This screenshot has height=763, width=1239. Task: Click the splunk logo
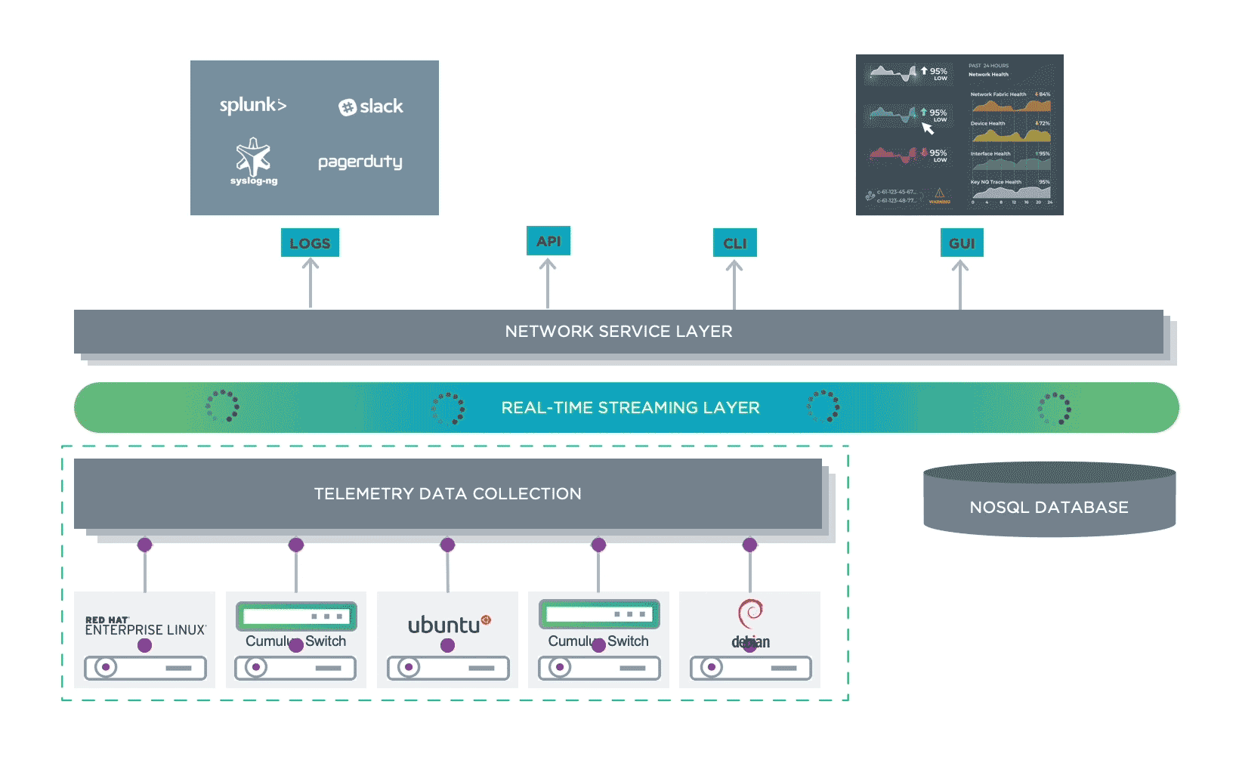pyautogui.click(x=252, y=106)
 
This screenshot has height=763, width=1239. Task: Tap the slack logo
pyautogui.click(x=371, y=107)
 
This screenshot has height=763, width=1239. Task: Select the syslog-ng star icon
pyautogui.click(x=253, y=157)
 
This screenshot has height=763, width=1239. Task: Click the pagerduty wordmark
pyautogui.click(x=360, y=162)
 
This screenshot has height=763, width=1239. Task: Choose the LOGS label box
pyautogui.click(x=310, y=243)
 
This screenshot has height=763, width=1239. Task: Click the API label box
pyautogui.click(x=548, y=242)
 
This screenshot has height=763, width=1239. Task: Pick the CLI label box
pyautogui.click(x=734, y=243)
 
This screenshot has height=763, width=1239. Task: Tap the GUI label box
pyautogui.click(x=962, y=243)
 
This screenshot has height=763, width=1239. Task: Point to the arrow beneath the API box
pyautogui.click(x=548, y=283)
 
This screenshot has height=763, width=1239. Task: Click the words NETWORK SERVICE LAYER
pyautogui.click(x=619, y=332)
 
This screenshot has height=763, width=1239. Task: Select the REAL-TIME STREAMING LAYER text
pyautogui.click(x=630, y=408)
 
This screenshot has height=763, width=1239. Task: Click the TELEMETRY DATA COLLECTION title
pyautogui.click(x=448, y=494)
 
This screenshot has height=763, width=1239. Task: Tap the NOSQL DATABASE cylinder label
pyautogui.click(x=1049, y=508)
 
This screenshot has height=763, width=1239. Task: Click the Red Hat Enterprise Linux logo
pyautogui.click(x=144, y=626)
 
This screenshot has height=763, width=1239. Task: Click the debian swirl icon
pyautogui.click(x=750, y=613)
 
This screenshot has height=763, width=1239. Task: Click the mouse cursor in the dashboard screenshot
pyautogui.click(x=928, y=128)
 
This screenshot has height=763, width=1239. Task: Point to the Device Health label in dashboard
pyautogui.click(x=988, y=123)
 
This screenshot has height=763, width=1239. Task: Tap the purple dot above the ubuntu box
pyautogui.click(x=447, y=545)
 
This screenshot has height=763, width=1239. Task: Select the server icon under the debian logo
pyautogui.click(x=750, y=668)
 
